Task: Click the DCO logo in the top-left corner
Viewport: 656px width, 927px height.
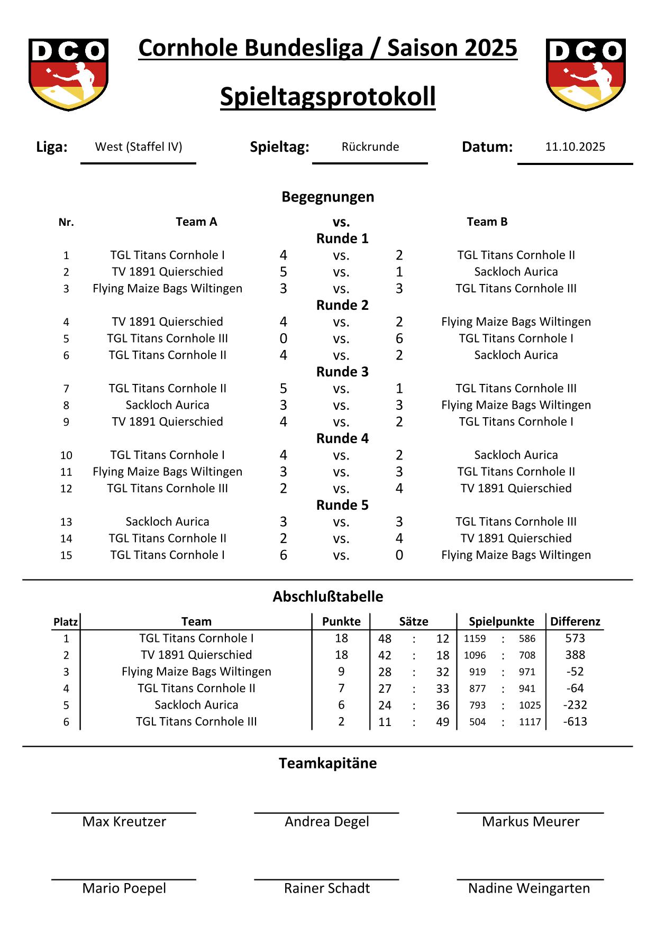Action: tap(68, 74)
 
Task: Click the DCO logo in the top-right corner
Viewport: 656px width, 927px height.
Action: tap(586, 74)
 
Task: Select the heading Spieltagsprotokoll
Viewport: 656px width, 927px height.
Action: tap(327, 97)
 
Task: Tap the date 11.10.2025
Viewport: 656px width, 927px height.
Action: tap(575, 147)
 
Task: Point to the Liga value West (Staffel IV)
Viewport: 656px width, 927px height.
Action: tap(139, 147)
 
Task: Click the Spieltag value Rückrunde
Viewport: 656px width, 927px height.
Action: tap(370, 147)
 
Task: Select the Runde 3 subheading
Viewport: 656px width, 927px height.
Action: tap(342, 372)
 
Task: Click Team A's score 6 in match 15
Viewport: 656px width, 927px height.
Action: tap(284, 555)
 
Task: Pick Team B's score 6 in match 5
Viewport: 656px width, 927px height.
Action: tap(399, 338)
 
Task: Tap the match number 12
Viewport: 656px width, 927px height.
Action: tap(66, 489)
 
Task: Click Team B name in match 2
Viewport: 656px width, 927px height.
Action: tap(516, 272)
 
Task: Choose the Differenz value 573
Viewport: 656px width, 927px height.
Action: tap(575, 638)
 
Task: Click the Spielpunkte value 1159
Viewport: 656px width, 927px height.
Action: tap(475, 639)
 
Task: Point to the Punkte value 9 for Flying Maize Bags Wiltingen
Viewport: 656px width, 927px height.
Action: tap(341, 672)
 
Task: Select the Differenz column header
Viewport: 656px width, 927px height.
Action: tap(575, 621)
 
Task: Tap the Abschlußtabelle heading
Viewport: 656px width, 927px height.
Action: tap(327, 596)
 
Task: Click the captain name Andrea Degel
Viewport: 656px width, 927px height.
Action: tap(327, 822)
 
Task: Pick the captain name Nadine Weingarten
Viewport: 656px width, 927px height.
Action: tap(529, 888)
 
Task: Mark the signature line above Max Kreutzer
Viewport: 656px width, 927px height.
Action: tap(124, 813)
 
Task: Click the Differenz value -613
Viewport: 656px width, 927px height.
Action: tap(575, 722)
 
